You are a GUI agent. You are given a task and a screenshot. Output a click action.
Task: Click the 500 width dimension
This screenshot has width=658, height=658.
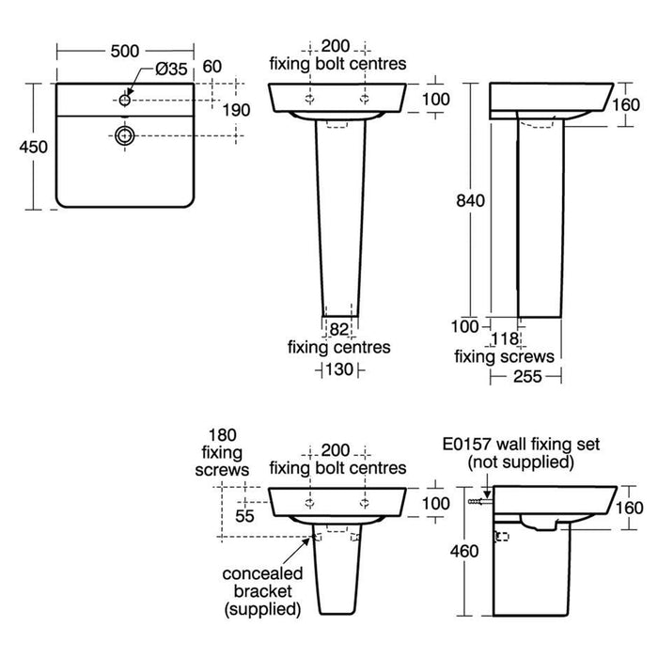125,51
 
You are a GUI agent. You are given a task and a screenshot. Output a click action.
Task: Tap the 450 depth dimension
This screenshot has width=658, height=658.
34,147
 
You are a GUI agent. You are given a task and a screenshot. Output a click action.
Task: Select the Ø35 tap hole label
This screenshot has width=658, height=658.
171,69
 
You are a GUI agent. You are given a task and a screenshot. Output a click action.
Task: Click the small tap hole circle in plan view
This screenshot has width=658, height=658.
125,100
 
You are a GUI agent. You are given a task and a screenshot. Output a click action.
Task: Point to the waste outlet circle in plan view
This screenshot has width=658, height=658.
125,135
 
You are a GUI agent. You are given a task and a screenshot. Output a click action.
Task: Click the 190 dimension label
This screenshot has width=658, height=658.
236,110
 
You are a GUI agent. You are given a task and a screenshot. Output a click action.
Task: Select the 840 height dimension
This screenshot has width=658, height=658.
470,201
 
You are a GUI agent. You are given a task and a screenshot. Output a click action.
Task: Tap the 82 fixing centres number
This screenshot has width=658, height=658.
339,330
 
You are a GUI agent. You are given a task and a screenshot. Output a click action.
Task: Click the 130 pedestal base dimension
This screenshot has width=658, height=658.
339,369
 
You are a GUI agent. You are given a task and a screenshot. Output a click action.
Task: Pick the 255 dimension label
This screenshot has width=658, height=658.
527,376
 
